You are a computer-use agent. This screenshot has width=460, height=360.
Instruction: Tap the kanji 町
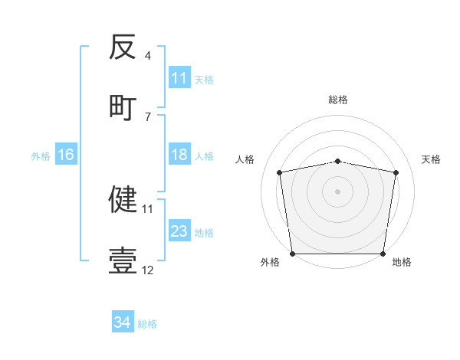pyautogui.click(x=123, y=106)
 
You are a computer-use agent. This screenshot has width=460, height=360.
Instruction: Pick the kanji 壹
pyautogui.click(x=123, y=260)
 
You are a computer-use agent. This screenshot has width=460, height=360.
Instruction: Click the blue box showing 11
pyautogui.click(x=179, y=78)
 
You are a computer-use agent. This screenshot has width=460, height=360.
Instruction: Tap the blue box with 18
pyautogui.click(x=179, y=155)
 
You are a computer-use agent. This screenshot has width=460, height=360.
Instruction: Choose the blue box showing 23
pyautogui.click(x=179, y=231)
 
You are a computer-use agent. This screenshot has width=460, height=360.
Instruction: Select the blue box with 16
pyautogui.click(x=66, y=155)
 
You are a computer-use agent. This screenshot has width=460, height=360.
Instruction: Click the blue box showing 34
pyautogui.click(x=123, y=322)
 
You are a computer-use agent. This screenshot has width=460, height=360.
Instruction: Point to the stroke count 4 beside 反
pyautogui.click(x=148, y=55)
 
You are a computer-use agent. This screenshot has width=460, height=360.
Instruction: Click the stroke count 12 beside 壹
pyautogui.click(x=148, y=270)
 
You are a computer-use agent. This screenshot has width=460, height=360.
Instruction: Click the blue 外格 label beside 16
pyautogui.click(x=41, y=155)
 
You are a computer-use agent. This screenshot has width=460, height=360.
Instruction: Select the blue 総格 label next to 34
pyautogui.click(x=147, y=323)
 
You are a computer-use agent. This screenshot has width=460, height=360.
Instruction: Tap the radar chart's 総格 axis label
pyautogui.click(x=338, y=100)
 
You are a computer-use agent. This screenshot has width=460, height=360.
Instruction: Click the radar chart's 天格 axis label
pyautogui.click(x=432, y=159)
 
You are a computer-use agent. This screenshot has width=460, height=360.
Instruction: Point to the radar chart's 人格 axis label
pyautogui.click(x=245, y=159)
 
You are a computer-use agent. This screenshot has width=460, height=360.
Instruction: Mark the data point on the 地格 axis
pyautogui.click(x=383, y=254)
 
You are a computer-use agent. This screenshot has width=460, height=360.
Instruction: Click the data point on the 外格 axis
pyautogui.click(x=292, y=254)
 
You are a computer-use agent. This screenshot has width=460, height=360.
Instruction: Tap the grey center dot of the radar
pyautogui.click(x=338, y=191)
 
